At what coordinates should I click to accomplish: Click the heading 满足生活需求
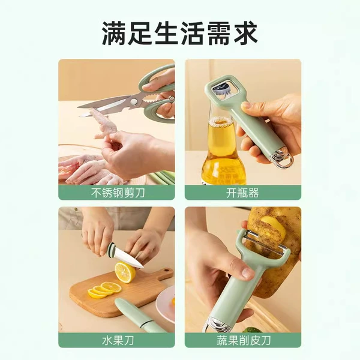click(180, 33)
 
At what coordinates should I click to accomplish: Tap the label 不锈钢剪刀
click(118, 193)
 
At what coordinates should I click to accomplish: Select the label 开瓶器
click(242, 193)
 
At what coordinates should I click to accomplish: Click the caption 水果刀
click(118, 340)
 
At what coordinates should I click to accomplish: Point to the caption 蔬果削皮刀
click(244, 340)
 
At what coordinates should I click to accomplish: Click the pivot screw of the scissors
click(133, 101)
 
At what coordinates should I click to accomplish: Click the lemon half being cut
click(125, 272)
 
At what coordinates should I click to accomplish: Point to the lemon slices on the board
click(104, 290)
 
